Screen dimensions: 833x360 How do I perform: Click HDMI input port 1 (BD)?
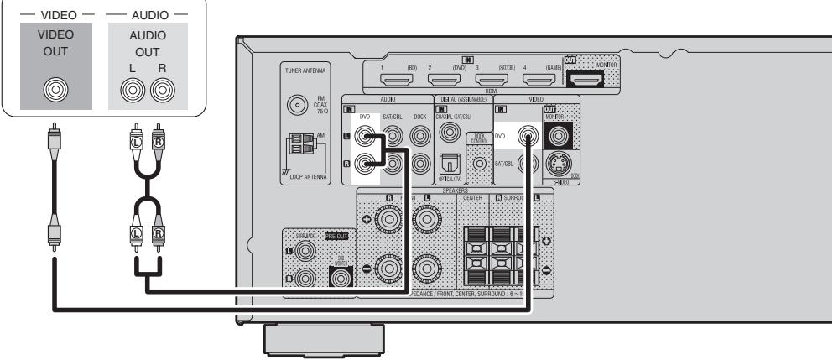(x=393, y=81)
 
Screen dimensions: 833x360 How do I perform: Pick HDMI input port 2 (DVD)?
(x=440, y=81)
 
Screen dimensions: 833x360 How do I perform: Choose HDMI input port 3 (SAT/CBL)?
(x=488, y=81)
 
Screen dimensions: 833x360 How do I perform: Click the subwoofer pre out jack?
(x=341, y=275)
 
